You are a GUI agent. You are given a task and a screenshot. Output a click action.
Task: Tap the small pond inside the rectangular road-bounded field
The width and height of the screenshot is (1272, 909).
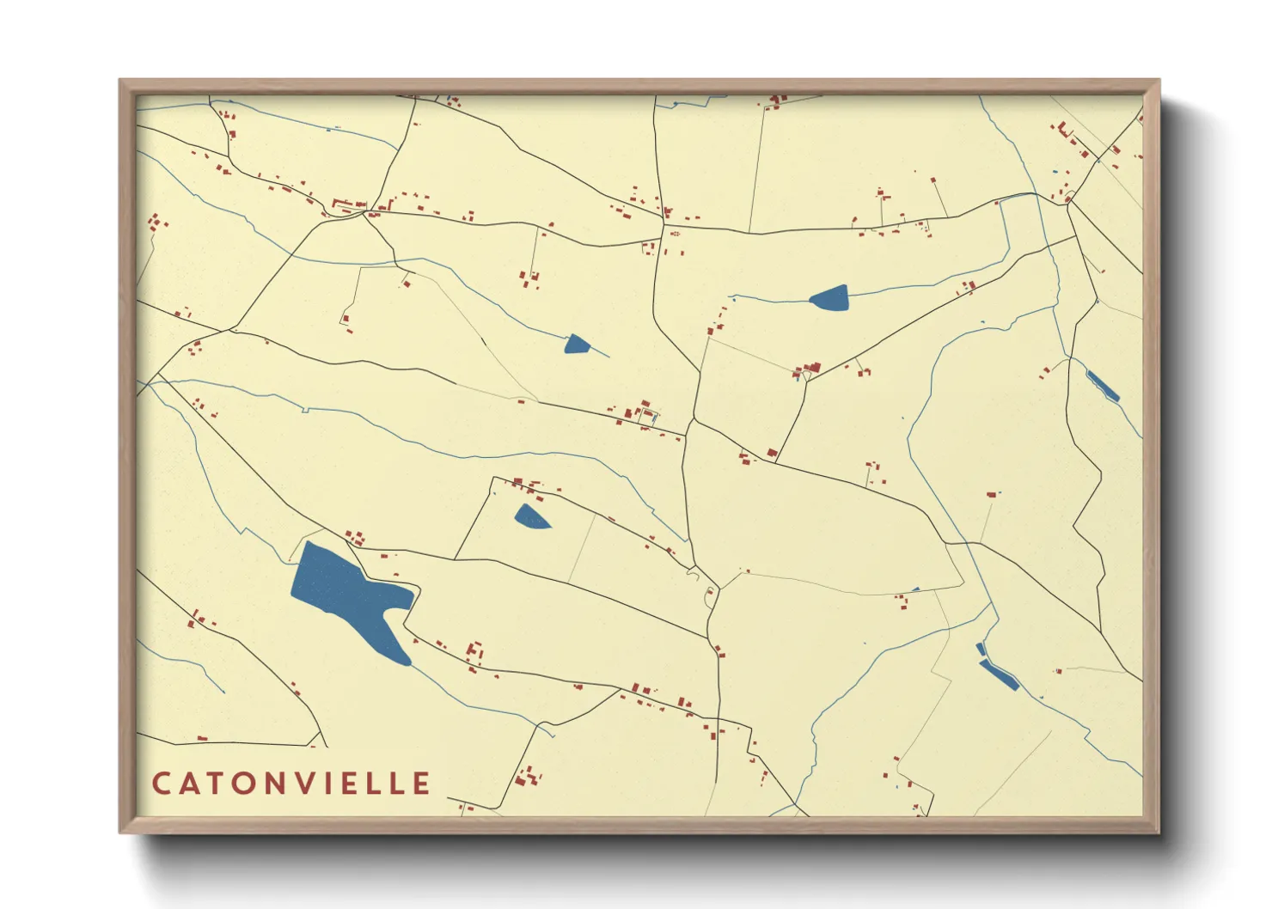(530, 517)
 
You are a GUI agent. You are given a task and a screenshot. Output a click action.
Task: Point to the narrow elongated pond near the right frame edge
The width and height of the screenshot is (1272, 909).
(1103, 386)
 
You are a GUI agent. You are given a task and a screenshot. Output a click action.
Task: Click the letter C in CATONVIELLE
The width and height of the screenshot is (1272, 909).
(162, 784)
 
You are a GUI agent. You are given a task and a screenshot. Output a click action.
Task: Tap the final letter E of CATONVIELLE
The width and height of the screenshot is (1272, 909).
(421, 784)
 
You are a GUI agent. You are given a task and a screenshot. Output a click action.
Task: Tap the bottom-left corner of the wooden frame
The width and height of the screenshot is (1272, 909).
(121, 831)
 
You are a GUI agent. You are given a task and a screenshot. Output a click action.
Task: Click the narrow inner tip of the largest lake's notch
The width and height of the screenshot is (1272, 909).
(389, 613)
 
